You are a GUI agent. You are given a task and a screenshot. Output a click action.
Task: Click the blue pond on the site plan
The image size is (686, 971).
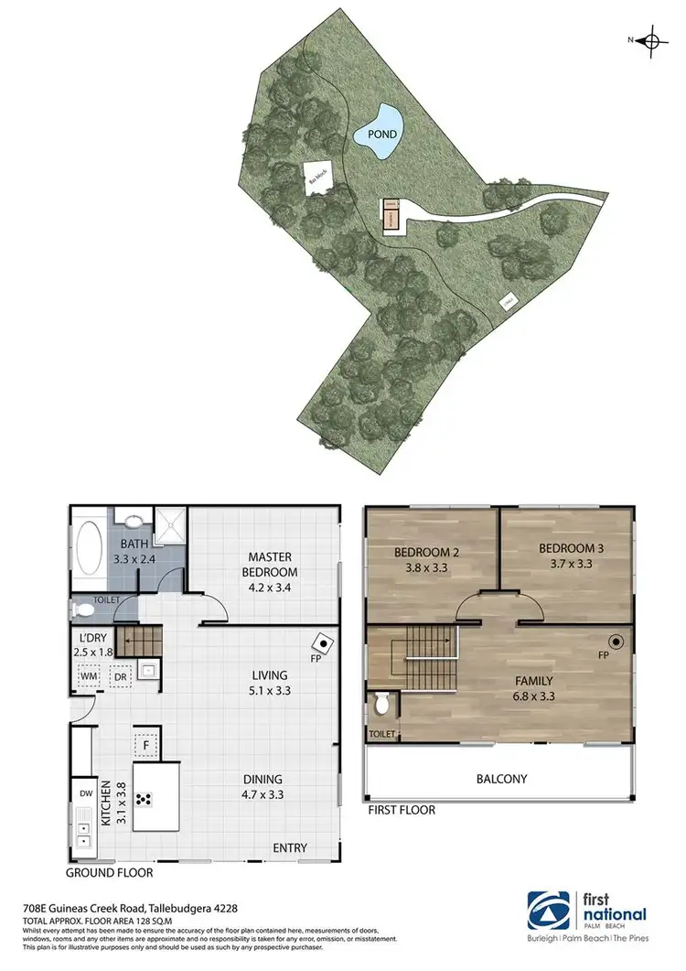381,134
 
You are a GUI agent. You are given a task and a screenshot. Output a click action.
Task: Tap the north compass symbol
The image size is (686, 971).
651,40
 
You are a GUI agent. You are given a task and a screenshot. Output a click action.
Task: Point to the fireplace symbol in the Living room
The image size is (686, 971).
324,642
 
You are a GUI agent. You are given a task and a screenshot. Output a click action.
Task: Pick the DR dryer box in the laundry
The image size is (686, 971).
120,677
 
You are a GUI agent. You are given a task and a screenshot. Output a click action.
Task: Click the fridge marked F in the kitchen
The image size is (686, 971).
146,745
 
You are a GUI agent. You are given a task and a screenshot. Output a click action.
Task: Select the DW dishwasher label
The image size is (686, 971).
85,792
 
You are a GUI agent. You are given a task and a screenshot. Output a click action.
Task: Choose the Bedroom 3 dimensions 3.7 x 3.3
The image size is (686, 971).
572,565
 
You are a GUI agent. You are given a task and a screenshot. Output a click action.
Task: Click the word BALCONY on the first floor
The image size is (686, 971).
501,779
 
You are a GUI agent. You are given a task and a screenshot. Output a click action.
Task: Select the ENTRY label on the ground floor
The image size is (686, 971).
290,848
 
